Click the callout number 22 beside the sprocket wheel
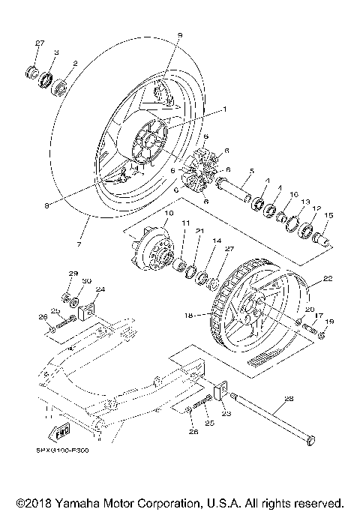[x=326, y=277]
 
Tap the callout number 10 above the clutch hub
[x=167, y=214]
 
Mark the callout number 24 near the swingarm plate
[x=100, y=289]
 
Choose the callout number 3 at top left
[x=57, y=52]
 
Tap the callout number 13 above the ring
[x=305, y=202]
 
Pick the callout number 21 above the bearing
[x=199, y=231]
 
